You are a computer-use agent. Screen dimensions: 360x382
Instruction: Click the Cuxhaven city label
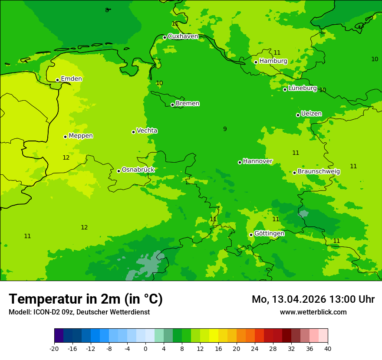pos(183,36)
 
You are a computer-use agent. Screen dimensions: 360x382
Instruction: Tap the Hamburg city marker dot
pos(256,62)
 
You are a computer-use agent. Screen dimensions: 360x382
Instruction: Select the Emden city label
pos(71,79)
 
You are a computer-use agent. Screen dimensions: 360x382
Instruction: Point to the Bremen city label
pos(187,104)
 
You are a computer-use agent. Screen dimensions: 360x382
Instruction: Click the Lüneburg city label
pos(302,88)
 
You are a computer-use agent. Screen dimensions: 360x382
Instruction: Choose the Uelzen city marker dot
pos(298,115)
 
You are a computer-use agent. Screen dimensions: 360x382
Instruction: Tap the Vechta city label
pos(147,131)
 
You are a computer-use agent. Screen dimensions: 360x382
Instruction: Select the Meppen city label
pos(81,136)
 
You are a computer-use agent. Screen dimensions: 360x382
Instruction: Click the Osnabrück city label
pos(138,170)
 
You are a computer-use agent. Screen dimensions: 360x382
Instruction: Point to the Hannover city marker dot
pos(240,162)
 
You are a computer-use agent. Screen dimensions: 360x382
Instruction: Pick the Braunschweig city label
pos(319,171)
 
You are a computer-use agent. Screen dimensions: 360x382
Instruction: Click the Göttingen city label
pos(269,233)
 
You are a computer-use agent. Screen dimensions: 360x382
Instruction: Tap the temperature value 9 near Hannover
pos(225,129)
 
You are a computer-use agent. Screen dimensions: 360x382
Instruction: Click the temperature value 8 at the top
pos(107,10)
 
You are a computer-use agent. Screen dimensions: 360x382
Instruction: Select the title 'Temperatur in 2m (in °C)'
pos(86,299)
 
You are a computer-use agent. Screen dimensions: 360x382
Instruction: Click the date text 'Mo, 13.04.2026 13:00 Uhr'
pos(313,299)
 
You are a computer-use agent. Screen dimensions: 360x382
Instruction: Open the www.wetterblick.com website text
pos(313,312)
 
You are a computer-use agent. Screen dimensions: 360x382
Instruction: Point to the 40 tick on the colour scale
pos(328,348)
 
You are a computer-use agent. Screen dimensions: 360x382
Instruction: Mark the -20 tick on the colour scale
pos(54,348)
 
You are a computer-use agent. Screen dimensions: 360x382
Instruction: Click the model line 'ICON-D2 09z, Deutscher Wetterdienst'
pos(79,312)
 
